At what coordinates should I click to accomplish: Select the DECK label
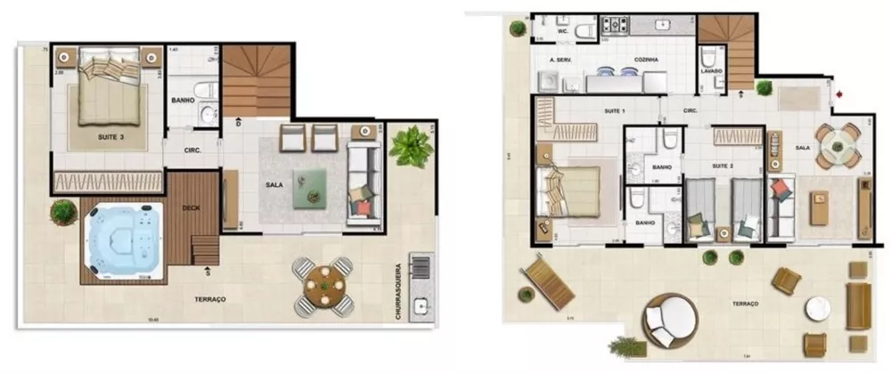(x=192, y=207)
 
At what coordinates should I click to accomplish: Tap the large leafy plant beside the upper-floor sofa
(x=410, y=146)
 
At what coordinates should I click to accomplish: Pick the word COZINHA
(x=647, y=60)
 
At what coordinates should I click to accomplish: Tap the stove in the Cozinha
(x=616, y=25)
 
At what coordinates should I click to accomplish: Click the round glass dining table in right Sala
(x=838, y=145)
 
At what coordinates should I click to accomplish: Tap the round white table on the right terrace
(x=818, y=308)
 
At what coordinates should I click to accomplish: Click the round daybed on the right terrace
(x=673, y=318)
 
